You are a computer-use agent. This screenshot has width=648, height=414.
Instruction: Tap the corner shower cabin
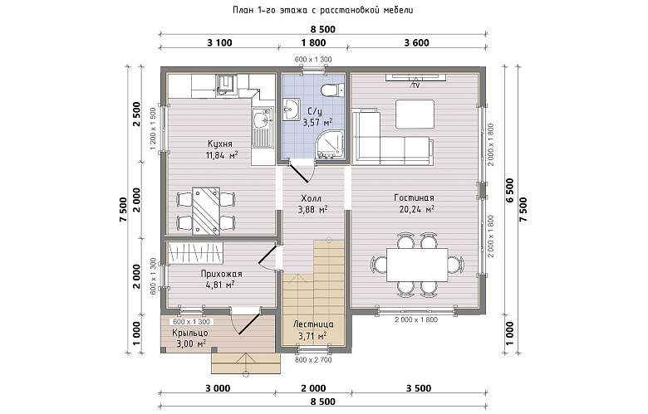click(x=331, y=144)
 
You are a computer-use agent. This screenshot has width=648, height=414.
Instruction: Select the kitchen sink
click(x=262, y=128)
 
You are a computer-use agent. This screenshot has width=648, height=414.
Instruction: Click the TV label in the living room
click(x=415, y=85)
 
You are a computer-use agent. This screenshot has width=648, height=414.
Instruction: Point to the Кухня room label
click(x=220, y=144)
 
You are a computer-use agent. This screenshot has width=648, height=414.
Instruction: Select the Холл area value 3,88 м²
click(x=313, y=210)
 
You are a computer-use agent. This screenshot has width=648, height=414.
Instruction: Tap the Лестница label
click(x=313, y=324)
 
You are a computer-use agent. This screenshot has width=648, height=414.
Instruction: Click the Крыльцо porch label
click(x=190, y=333)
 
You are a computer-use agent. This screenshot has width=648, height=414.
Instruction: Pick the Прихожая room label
click(x=222, y=274)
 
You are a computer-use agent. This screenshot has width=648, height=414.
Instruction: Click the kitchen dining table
click(x=206, y=211)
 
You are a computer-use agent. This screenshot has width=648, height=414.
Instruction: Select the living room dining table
click(x=417, y=265)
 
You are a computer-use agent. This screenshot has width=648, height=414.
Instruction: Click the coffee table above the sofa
click(x=415, y=114)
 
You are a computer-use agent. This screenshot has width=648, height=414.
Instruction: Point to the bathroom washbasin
click(x=292, y=110)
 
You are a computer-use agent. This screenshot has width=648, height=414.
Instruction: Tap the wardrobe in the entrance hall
click(x=195, y=252)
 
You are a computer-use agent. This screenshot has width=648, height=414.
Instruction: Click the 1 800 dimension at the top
click(x=313, y=42)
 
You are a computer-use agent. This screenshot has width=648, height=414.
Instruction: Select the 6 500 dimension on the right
click(x=509, y=191)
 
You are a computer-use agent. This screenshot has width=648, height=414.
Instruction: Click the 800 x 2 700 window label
click(x=313, y=359)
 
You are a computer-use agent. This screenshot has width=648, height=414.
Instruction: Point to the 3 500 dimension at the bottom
click(x=419, y=388)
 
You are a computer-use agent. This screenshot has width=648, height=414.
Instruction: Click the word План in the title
click(x=242, y=10)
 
